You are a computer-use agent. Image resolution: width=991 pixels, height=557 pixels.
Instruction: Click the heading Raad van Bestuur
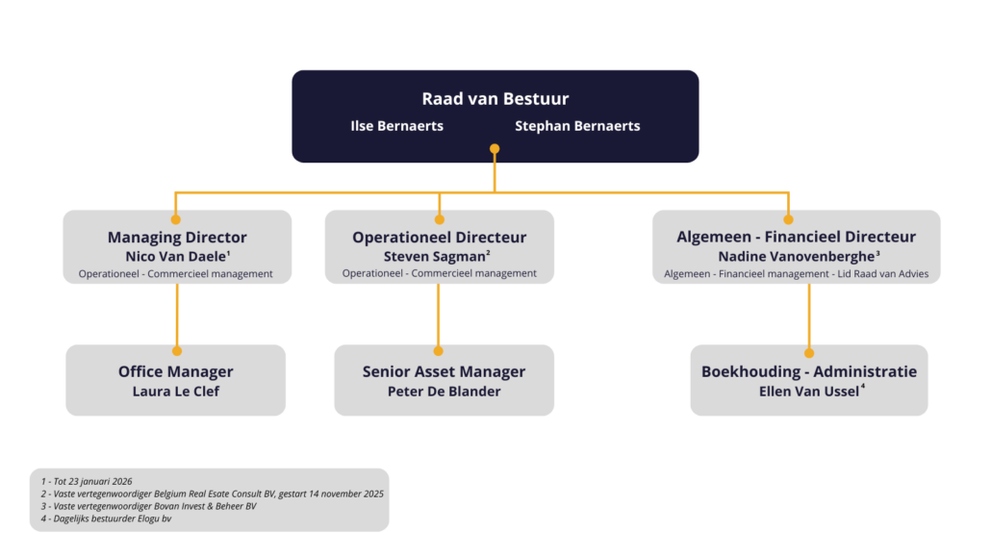click(495, 99)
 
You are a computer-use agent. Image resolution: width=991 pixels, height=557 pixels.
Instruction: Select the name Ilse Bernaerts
click(396, 126)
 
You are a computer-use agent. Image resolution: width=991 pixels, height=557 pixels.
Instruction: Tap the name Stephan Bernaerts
click(577, 126)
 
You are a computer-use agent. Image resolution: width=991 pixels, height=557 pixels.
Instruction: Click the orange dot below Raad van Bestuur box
click(495, 149)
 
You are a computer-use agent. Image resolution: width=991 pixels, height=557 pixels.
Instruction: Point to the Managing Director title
click(177, 238)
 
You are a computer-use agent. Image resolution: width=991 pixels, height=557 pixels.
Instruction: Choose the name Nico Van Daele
click(175, 257)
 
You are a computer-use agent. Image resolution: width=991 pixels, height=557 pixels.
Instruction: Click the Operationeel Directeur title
click(439, 238)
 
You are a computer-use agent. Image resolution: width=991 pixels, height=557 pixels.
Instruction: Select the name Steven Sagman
click(436, 257)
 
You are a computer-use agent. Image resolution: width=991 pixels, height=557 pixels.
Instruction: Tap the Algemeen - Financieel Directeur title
click(796, 237)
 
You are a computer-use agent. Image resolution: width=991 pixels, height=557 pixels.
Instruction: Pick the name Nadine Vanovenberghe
click(796, 257)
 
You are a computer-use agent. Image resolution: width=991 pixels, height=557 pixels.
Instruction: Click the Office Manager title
click(176, 371)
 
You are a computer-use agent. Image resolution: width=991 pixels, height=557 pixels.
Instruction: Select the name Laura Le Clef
click(176, 392)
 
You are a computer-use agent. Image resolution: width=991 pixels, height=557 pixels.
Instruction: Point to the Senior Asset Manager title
click(444, 371)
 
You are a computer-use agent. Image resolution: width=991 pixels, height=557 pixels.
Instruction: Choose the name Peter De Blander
click(444, 392)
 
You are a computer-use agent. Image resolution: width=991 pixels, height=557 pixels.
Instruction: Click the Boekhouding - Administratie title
click(808, 371)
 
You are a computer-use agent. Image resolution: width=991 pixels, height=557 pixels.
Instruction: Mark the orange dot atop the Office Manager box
click(177, 351)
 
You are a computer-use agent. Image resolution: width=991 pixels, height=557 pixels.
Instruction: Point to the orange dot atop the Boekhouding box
click(809, 352)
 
